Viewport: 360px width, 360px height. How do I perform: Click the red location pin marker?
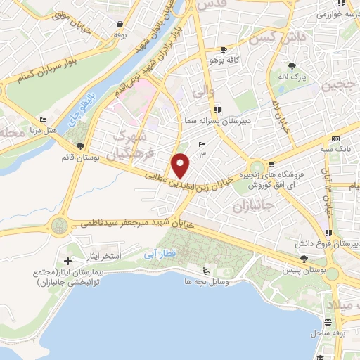181,165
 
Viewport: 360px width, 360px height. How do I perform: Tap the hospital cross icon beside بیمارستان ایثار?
67,261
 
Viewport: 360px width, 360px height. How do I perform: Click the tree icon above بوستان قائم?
82,146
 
